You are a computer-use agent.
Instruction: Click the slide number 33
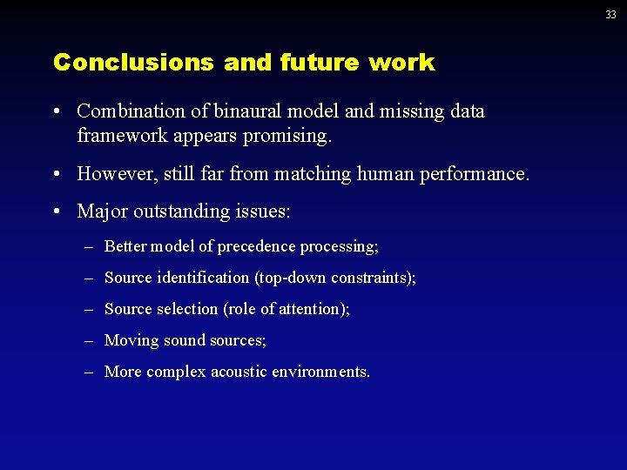click(611, 15)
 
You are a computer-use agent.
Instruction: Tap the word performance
click(482, 174)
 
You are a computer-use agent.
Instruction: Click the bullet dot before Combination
click(56, 112)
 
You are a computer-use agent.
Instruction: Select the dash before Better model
click(89, 247)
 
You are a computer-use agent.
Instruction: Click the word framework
click(118, 136)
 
